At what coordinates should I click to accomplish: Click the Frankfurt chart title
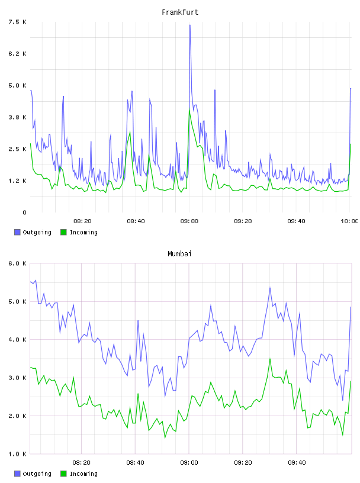(180, 12)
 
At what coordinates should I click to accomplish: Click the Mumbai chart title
(179, 253)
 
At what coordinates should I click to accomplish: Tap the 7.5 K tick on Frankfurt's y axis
(17, 22)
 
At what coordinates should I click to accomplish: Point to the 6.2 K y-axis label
(17, 54)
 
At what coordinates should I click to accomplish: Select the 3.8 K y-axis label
(17, 117)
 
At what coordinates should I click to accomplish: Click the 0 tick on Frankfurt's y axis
(24, 212)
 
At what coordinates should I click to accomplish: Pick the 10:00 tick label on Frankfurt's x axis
(349, 221)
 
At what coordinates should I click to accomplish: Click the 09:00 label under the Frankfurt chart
(189, 221)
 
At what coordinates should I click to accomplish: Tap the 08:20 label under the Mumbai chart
(81, 462)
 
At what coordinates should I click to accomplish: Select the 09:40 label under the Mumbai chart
(297, 462)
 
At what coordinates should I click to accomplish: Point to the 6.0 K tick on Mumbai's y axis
(17, 263)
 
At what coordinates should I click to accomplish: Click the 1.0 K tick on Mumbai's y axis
(17, 454)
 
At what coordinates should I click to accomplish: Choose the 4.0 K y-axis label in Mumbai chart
(17, 339)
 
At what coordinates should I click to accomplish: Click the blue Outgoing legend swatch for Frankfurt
(17, 232)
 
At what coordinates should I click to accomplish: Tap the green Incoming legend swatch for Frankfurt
(63, 232)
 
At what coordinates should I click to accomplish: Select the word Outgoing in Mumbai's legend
(37, 474)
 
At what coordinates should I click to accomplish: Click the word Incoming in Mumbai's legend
(83, 474)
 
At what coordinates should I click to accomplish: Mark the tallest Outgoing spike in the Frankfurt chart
(190, 25)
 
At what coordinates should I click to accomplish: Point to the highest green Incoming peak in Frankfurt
(189, 109)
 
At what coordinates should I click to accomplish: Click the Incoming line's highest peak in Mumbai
(270, 359)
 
